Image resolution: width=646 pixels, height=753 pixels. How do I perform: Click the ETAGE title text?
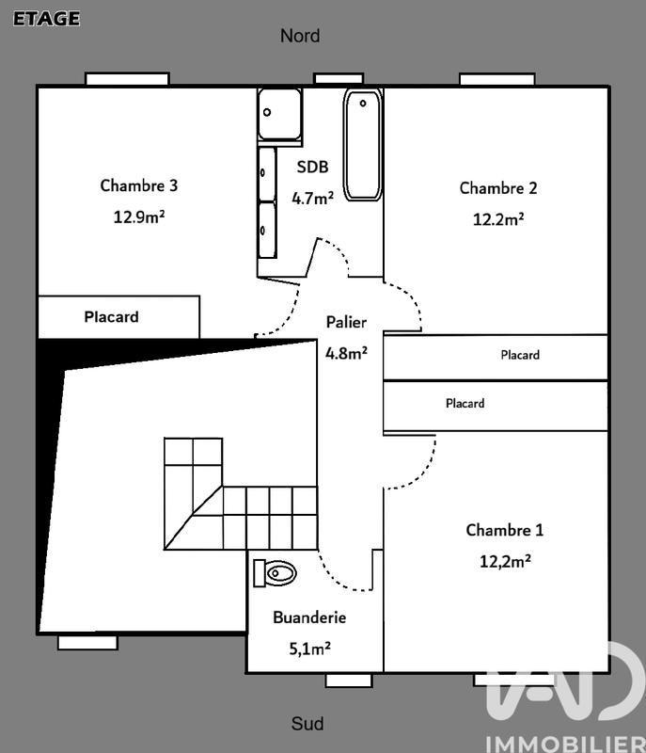[46, 18]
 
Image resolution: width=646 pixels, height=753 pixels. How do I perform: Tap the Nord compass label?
[300, 36]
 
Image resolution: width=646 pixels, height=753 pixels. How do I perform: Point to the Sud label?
[307, 724]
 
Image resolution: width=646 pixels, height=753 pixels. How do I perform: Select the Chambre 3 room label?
[139, 185]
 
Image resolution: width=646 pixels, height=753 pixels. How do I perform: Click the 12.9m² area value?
[139, 216]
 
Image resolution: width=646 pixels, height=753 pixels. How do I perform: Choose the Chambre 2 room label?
[498, 188]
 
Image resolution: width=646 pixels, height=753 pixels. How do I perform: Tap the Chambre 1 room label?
[505, 531]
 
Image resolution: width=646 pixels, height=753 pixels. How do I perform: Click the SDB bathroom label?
[313, 168]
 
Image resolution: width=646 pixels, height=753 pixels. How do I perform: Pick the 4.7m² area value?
[313, 198]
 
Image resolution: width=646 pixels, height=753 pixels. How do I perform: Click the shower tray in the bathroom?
[279, 114]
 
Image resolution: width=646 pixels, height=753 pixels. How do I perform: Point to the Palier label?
[346, 322]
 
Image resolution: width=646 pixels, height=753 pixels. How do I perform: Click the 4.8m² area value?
[346, 354]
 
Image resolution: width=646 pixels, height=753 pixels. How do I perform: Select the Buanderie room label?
[310, 617]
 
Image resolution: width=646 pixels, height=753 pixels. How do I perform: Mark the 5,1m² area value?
[310, 648]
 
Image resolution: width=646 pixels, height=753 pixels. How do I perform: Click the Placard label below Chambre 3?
[111, 317]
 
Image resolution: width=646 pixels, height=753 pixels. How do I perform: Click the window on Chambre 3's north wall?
[127, 79]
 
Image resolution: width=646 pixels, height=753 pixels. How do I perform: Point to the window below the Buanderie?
[350, 680]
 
